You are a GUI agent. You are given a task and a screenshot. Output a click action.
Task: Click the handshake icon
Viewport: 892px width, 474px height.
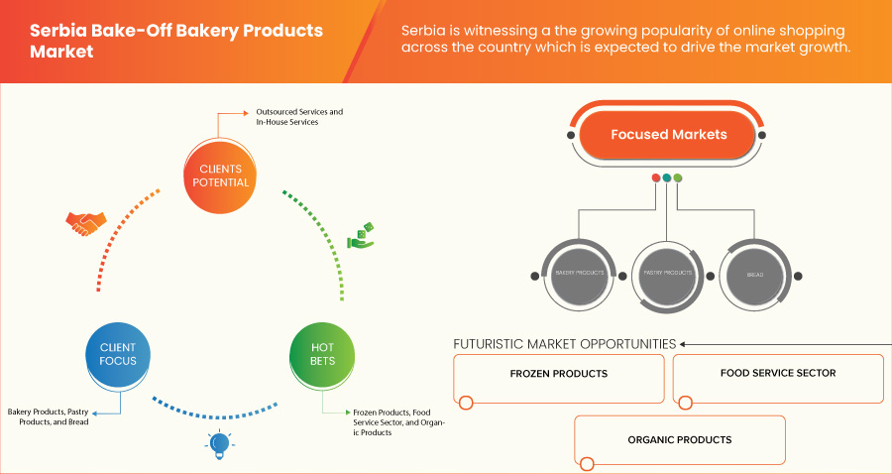pos(86,223)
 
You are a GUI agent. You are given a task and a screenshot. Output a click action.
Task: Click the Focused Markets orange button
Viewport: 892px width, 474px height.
pos(668,135)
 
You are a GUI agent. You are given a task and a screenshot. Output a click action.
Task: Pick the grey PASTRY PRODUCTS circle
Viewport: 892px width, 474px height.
pos(666,271)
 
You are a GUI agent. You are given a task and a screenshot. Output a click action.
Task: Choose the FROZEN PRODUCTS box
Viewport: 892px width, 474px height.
pos(558,375)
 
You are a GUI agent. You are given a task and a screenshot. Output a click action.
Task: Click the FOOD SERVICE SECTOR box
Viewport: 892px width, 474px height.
pos(777,375)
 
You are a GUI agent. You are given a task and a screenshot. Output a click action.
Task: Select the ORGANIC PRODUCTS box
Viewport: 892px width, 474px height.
pos(679,439)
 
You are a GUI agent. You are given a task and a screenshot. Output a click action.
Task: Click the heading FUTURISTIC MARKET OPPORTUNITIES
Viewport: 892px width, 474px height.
pos(564,344)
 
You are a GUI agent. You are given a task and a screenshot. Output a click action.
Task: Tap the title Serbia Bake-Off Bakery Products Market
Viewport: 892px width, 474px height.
pos(176,41)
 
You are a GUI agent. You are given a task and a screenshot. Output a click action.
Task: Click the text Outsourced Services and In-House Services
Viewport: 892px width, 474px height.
pos(299,117)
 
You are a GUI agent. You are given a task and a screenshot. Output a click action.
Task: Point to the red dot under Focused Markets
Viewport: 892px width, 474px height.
pos(655,178)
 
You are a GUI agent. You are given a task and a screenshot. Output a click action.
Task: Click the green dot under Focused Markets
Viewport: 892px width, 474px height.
pos(678,178)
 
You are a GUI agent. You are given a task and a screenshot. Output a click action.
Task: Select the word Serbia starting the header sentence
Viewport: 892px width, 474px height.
pos(424,32)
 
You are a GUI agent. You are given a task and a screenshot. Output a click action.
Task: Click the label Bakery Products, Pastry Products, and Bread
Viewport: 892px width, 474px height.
pos(61,415)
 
